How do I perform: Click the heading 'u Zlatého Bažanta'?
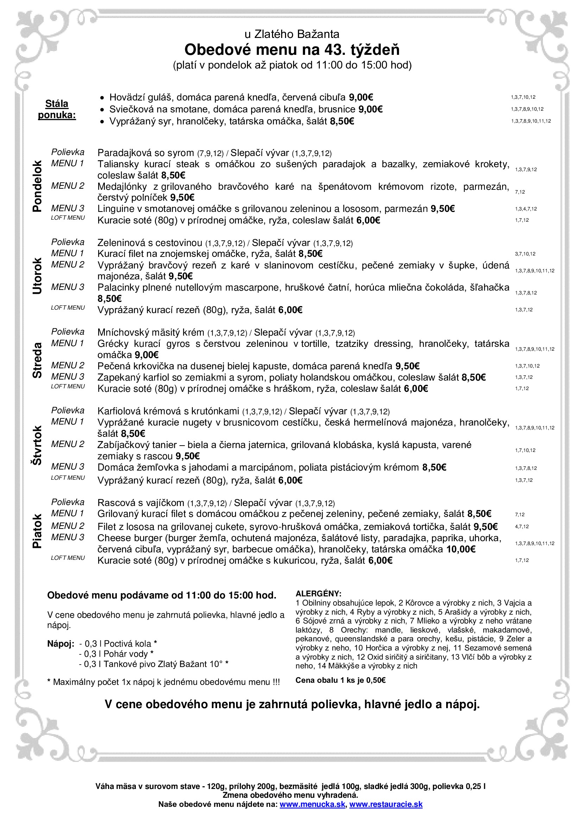[292, 34]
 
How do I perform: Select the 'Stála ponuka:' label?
[57, 109]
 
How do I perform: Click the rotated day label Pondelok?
[37, 186]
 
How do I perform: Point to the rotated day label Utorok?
[37, 276]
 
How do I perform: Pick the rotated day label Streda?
[37, 360]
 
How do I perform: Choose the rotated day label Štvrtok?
[37, 445]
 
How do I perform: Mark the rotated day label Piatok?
[37, 531]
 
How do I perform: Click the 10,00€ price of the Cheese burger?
[461, 549]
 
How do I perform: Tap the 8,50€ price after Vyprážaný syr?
[342, 122]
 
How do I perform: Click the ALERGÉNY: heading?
[318, 594]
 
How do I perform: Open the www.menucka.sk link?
[312, 804]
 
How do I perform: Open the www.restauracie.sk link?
[386, 804]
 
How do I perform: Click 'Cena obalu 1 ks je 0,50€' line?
[340, 680]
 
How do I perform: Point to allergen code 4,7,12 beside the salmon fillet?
[522, 527]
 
